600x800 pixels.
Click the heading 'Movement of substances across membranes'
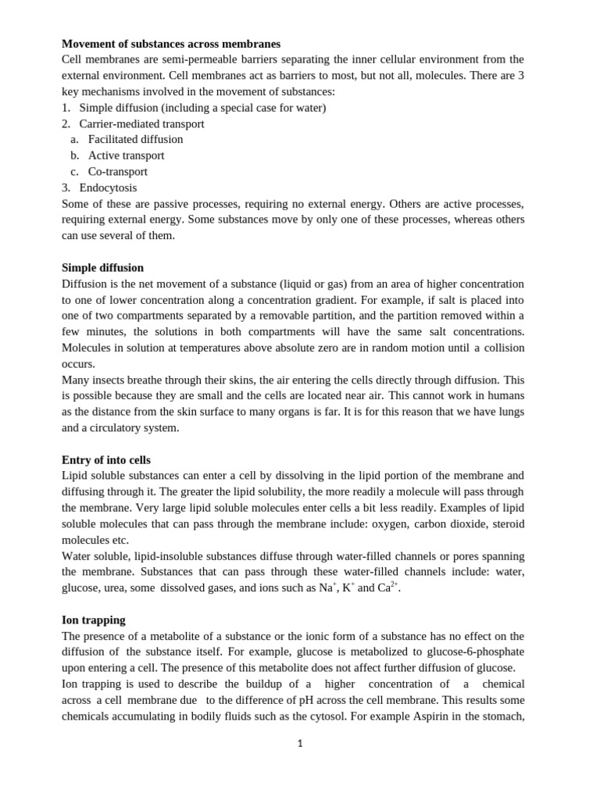(171, 44)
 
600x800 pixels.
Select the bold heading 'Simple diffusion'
(102, 268)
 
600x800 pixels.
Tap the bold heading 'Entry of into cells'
(106, 460)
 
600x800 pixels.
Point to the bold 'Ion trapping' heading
(94, 620)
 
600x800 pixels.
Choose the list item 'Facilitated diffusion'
(135, 139)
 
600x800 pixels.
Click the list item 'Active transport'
(126, 155)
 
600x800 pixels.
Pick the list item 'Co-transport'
(117, 172)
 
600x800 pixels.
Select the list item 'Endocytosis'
(108, 187)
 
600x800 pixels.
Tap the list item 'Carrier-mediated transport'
(141, 123)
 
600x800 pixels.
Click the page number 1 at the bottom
(300, 744)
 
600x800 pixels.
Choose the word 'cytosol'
(330, 716)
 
